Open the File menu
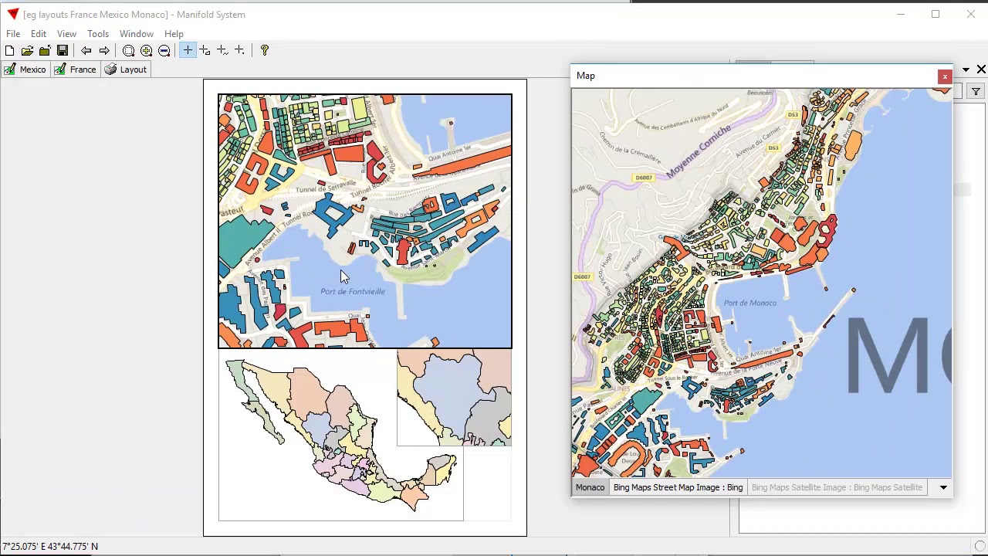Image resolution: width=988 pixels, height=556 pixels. [x=13, y=34]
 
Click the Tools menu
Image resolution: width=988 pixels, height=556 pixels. [x=98, y=34]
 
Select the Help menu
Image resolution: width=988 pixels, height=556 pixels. [x=174, y=34]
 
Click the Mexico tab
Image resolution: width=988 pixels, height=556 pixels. [x=25, y=69]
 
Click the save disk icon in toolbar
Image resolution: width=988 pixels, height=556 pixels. [x=63, y=51]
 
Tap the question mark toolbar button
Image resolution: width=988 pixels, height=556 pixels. [x=265, y=51]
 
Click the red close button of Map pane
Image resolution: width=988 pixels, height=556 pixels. [x=944, y=76]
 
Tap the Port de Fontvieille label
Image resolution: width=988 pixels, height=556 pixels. [x=353, y=292]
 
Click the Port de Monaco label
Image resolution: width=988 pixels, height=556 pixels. [x=750, y=303]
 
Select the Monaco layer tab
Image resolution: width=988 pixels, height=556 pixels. [x=590, y=487]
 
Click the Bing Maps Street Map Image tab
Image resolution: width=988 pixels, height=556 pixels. [x=678, y=487]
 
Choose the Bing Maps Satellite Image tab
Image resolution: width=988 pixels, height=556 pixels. [x=837, y=487]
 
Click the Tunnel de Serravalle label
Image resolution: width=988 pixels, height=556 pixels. [x=326, y=188]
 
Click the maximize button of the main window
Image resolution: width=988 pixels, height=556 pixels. [x=936, y=14]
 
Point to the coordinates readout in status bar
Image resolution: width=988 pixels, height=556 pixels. [x=51, y=547]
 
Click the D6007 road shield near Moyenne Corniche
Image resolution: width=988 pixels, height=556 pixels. [x=643, y=178]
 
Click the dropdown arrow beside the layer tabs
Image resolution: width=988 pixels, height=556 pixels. [x=943, y=487]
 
